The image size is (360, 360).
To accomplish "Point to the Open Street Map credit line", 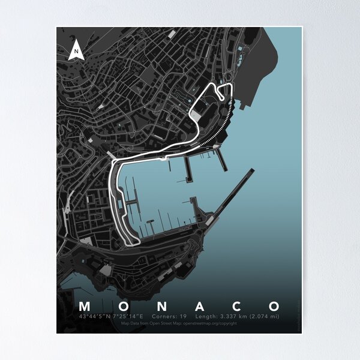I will pos(179,323).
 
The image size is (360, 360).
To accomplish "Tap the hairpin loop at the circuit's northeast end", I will pos(225,91).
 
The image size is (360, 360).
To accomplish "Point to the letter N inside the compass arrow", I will pos(76,52).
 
